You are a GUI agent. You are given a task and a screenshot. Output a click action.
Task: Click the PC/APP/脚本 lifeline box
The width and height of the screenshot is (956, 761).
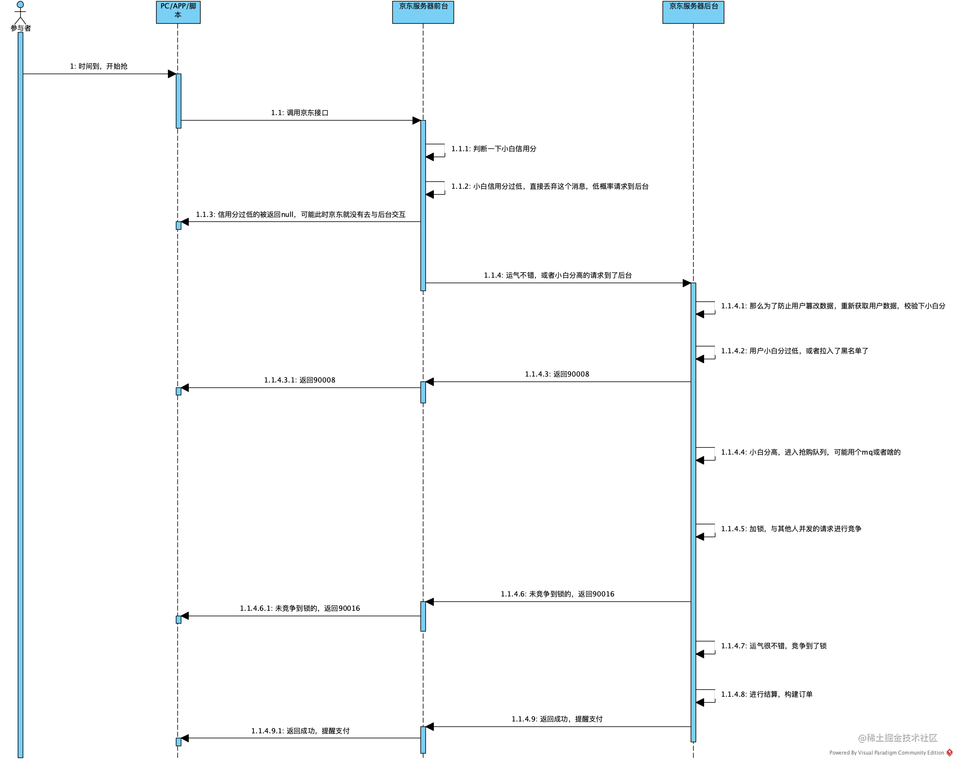(x=178, y=12)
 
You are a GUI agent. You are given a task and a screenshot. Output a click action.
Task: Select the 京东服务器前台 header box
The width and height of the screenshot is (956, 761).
(x=423, y=12)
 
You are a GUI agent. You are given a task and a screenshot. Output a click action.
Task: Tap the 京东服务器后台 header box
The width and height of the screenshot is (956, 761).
(x=693, y=12)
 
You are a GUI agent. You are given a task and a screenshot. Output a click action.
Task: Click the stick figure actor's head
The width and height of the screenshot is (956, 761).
(x=20, y=4)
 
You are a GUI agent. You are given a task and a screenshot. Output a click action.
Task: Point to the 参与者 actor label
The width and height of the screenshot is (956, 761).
(x=21, y=28)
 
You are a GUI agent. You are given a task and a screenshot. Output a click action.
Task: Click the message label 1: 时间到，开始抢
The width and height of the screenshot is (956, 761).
(x=99, y=66)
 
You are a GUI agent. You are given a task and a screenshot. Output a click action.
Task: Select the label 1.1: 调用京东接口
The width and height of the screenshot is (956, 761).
(x=300, y=113)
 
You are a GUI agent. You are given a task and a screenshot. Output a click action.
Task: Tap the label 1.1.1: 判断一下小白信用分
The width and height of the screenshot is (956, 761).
(x=494, y=149)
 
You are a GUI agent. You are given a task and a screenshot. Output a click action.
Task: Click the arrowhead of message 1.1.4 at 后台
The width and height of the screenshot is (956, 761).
(x=687, y=283)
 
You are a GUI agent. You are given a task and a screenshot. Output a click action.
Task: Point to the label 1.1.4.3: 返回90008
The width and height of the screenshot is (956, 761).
(x=557, y=374)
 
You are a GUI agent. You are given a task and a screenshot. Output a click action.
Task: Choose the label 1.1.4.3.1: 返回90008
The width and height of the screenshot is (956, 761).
(x=299, y=380)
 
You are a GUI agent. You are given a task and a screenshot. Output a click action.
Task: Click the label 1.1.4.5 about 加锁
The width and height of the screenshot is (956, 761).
(x=791, y=529)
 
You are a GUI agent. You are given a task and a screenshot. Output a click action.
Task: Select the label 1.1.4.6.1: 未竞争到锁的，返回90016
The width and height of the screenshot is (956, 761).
(x=300, y=608)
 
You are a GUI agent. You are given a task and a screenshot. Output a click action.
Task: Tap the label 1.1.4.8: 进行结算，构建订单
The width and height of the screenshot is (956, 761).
(x=767, y=694)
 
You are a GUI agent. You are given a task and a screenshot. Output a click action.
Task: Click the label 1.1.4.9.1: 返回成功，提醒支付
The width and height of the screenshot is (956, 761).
(x=300, y=731)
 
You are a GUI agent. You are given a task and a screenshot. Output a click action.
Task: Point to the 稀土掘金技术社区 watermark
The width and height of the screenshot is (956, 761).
(x=898, y=738)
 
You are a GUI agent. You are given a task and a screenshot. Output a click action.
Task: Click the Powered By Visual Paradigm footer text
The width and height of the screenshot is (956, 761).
(x=887, y=753)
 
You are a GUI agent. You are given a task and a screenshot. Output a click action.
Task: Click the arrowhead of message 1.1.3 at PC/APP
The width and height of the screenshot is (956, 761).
(x=185, y=222)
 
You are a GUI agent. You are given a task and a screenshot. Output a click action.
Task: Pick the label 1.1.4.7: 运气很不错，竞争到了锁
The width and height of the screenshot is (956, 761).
(x=774, y=646)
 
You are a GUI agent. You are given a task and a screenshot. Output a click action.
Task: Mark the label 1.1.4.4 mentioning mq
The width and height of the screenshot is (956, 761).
(x=811, y=452)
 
